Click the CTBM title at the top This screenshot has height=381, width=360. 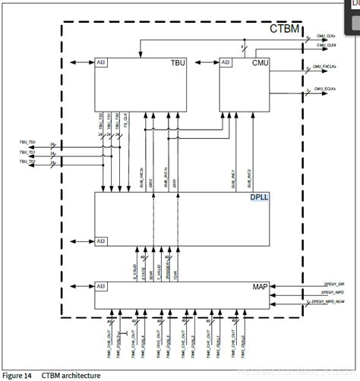coord(284,30)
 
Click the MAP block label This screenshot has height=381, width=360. coord(261,287)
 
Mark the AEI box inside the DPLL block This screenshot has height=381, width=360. coord(100,242)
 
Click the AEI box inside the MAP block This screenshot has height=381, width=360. coord(100,286)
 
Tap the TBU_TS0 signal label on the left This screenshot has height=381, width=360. coord(27,142)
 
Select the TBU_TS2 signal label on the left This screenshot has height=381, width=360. coord(27,161)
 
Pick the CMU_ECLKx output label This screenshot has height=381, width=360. coord(326,90)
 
